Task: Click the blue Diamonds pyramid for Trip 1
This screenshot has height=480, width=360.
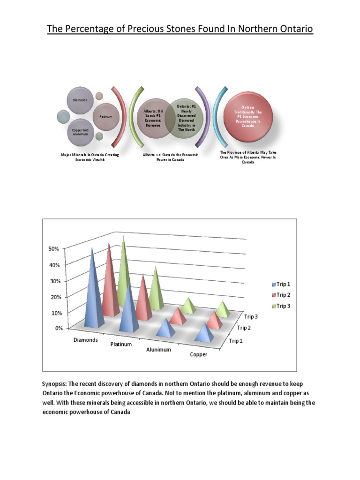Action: pyautogui.click(x=94, y=295)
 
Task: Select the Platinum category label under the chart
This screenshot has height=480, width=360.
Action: pyautogui.click(x=121, y=345)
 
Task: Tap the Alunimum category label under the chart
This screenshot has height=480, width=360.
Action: pyautogui.click(x=158, y=350)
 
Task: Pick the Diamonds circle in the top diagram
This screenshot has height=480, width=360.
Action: pyautogui.click(x=80, y=100)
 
